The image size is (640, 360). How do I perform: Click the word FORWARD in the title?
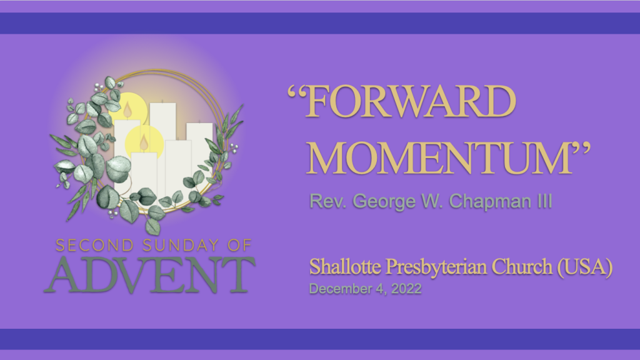pos(411,101)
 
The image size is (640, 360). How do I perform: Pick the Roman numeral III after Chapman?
pos(545,201)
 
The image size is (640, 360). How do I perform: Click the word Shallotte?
pos(345,266)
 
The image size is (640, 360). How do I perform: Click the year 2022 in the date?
pos(406,289)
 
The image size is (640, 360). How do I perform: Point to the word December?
pos(341,289)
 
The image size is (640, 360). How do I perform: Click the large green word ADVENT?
pos(149,275)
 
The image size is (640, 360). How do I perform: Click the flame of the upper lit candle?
pos(127,110)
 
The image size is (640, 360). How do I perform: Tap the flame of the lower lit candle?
pos(144,142)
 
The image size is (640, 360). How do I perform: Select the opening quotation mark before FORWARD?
pos(296,92)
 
